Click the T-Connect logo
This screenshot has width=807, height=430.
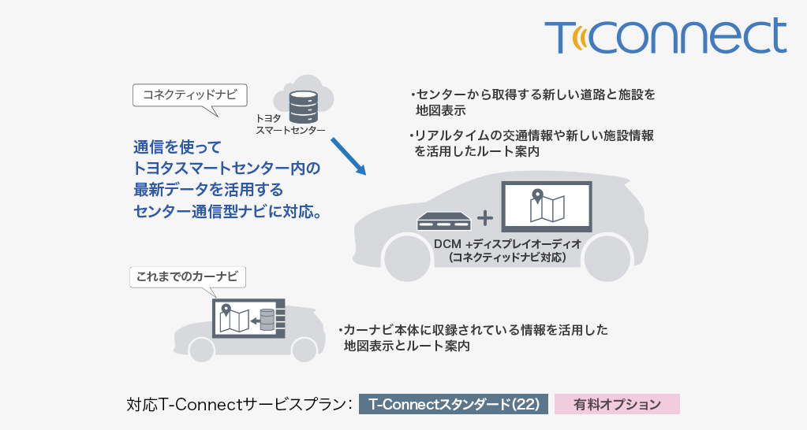click(x=665, y=36)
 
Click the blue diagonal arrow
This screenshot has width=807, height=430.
click(x=348, y=156)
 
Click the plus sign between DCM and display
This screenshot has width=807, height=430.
click(x=485, y=218)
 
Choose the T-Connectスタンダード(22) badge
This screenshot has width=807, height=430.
click(x=453, y=405)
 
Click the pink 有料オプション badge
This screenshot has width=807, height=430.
click(x=617, y=405)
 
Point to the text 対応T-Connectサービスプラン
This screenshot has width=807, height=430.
click(x=238, y=405)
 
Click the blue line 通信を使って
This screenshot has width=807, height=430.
click(x=177, y=147)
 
